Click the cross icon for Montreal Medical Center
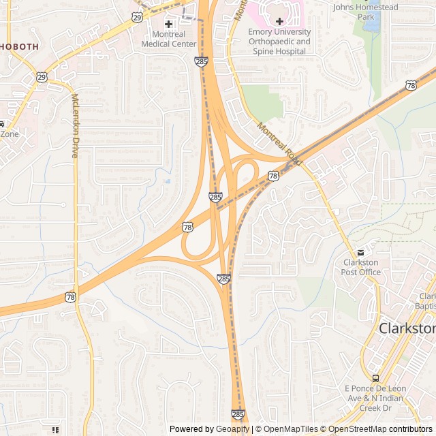tap(168, 25)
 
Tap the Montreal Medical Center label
tap(168, 40)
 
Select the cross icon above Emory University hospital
tap(279, 22)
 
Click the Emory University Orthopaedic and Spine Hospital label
tap(279, 41)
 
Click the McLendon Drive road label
tap(75, 126)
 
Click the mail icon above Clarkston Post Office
tap(360, 252)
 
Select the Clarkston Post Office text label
tap(361, 267)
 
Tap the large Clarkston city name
tap(407, 328)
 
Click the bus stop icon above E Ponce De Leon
tap(375, 378)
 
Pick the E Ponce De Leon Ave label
tap(375, 393)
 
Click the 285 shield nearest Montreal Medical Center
tap(202, 62)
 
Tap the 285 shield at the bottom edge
tap(237, 414)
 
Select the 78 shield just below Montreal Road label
tap(273, 176)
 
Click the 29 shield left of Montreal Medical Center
tap(137, 17)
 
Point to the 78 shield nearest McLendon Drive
tap(71, 297)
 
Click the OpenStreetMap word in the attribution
tap(358, 429)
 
